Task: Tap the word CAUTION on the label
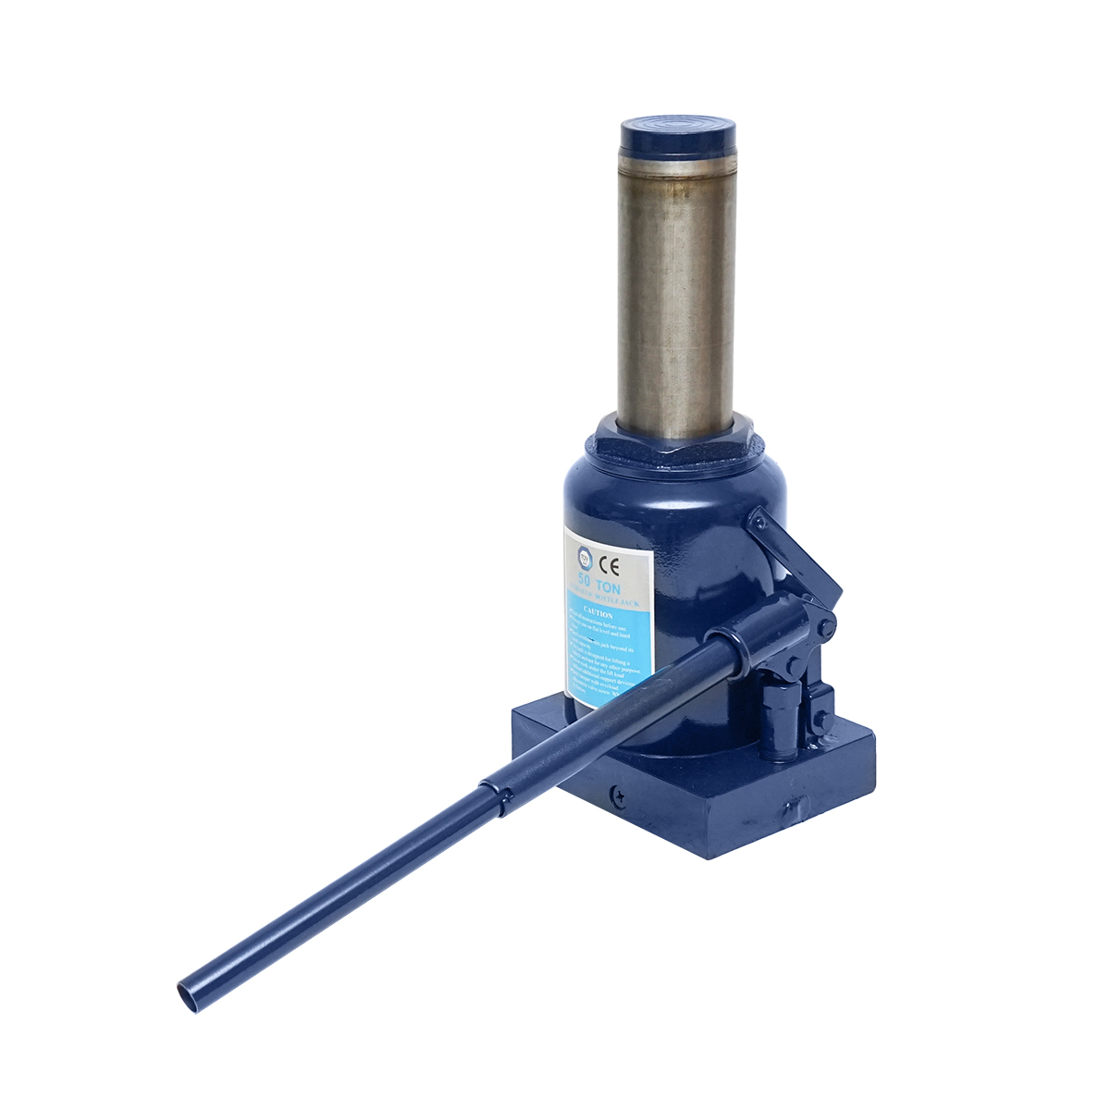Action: [x=599, y=613]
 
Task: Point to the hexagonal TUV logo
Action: [x=583, y=556]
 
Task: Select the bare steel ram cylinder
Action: [x=676, y=296]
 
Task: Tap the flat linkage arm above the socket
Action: [x=798, y=555]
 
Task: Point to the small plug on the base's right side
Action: [x=792, y=811]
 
